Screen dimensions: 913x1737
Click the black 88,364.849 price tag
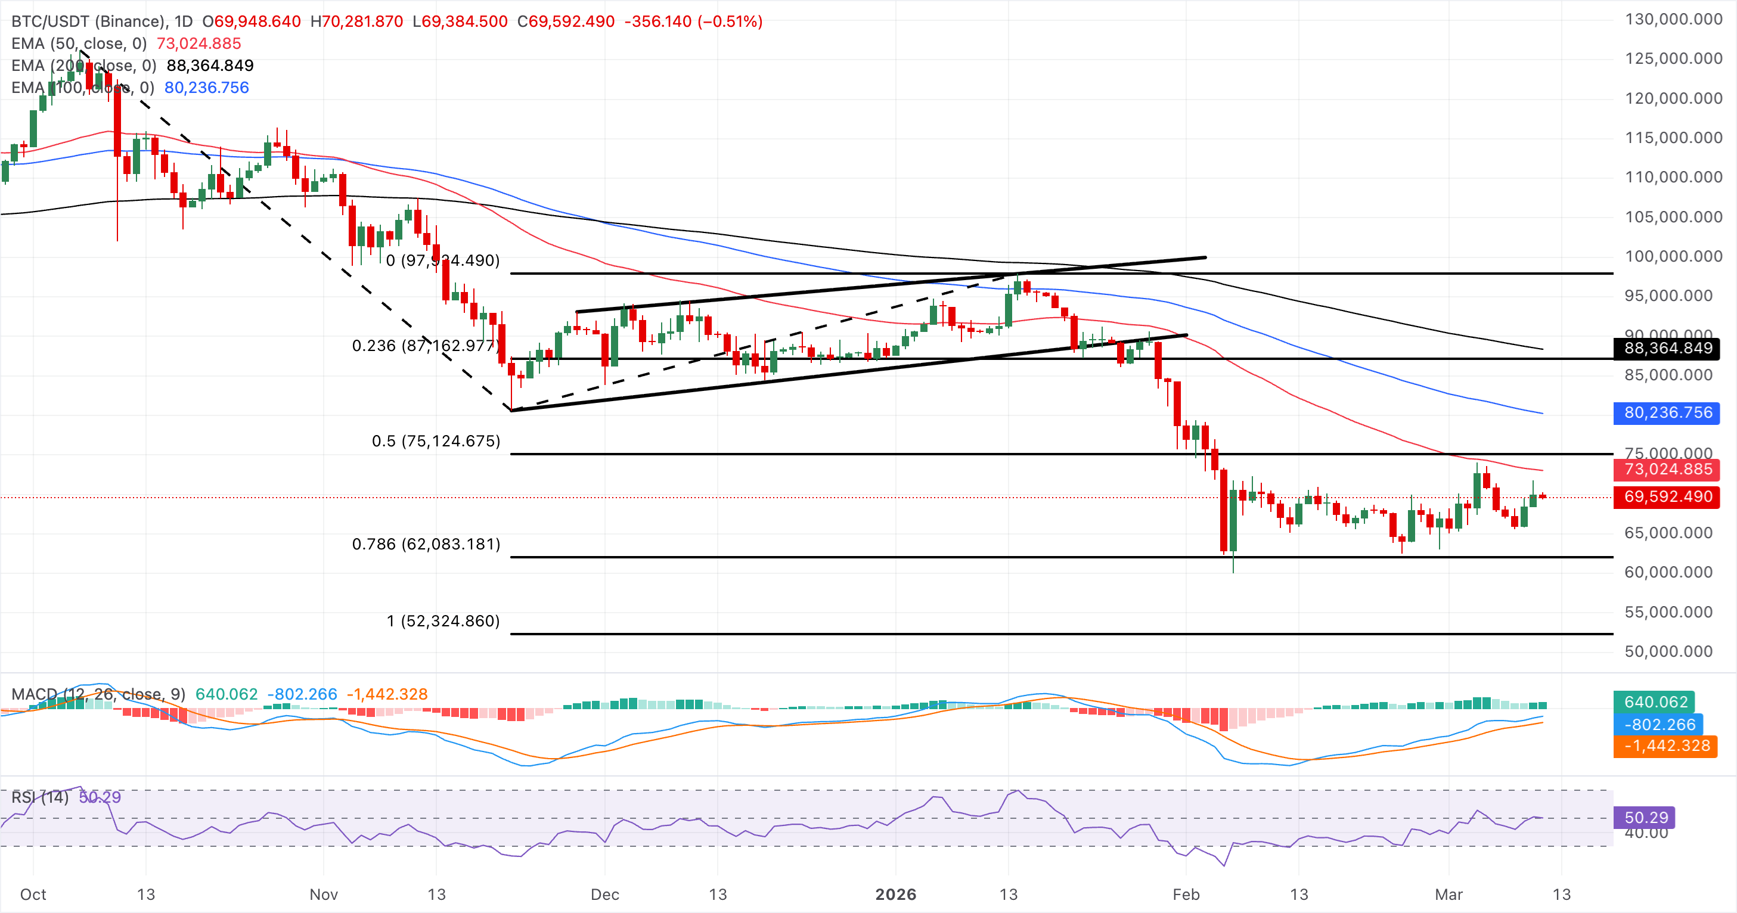tap(1667, 348)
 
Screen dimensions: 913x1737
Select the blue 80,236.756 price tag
tap(1667, 412)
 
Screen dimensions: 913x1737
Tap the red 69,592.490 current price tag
tap(1667, 497)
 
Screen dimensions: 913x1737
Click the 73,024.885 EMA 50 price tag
tap(1667, 469)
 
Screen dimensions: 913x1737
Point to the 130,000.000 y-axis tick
tap(1673, 20)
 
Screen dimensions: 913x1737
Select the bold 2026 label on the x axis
tap(895, 894)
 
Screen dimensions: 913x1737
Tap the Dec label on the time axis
tap(604, 894)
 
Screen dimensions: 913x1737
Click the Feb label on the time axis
tap(1186, 894)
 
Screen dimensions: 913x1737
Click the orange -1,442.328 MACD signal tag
tap(1665, 746)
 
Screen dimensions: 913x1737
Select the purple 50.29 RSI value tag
tap(1645, 818)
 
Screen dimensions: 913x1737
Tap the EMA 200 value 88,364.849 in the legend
tap(210, 66)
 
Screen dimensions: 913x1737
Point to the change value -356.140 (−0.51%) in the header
tap(693, 21)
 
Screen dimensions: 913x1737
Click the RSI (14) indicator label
tap(40, 797)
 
